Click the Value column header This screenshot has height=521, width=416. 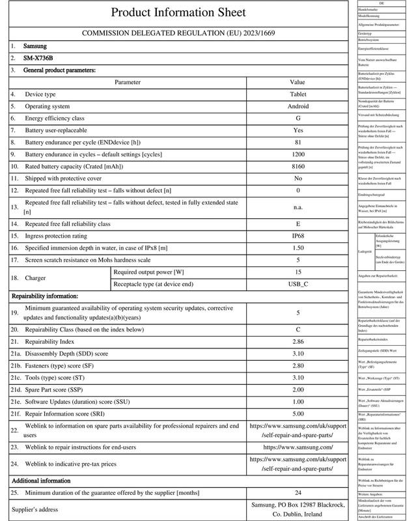(x=298, y=83)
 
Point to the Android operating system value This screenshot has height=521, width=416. (x=298, y=106)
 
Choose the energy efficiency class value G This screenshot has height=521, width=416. (x=298, y=118)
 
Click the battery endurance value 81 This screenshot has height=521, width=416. (x=298, y=142)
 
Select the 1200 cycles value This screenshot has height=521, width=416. (x=298, y=154)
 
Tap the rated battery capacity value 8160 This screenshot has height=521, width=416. (x=298, y=165)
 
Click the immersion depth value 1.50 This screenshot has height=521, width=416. (x=298, y=249)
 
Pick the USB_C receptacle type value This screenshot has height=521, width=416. (x=298, y=285)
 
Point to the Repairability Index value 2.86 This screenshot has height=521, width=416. (x=298, y=342)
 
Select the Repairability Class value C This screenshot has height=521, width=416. (x=298, y=330)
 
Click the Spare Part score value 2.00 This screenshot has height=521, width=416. (x=298, y=389)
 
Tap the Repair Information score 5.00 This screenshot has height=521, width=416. (x=298, y=413)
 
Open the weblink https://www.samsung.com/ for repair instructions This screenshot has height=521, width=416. (x=298, y=447)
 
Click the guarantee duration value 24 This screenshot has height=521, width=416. (x=298, y=492)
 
